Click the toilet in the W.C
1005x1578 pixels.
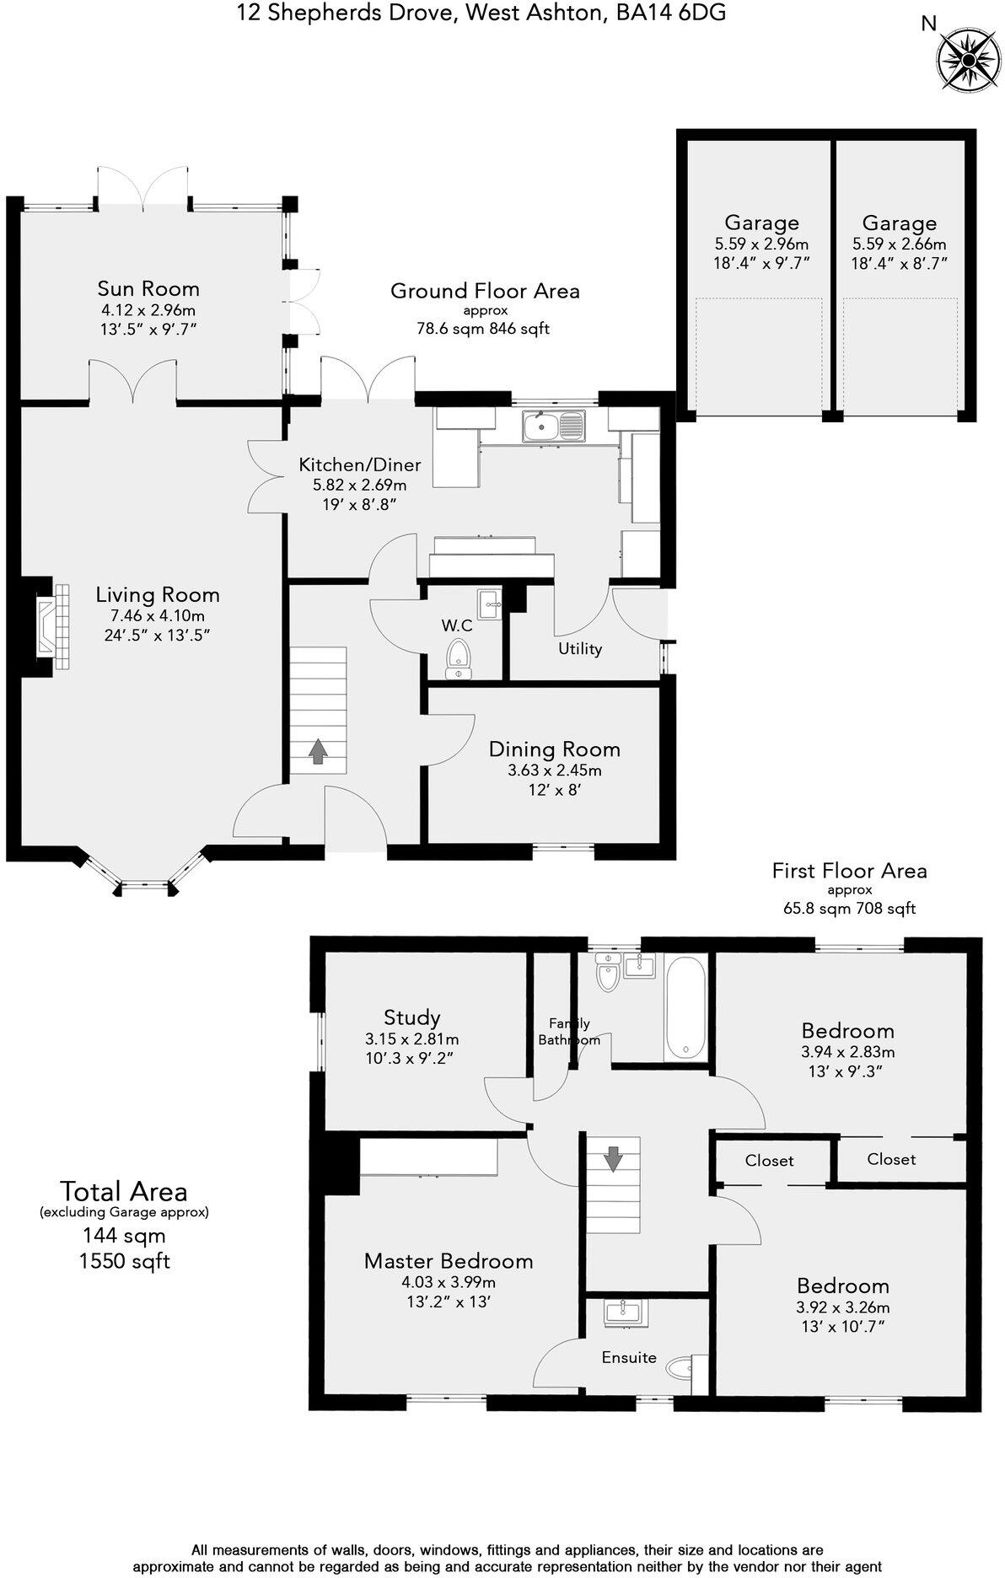tap(458, 657)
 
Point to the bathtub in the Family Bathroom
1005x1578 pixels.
tap(686, 1008)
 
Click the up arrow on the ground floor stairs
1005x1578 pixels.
tap(318, 751)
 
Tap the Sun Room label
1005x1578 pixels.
tap(148, 289)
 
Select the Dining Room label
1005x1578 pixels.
tap(554, 749)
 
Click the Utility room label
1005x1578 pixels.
tap(580, 649)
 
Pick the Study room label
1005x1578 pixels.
tap(412, 1017)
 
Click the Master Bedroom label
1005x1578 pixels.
tap(449, 1261)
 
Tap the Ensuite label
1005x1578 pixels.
tap(629, 1357)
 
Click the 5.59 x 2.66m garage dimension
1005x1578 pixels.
tap(900, 244)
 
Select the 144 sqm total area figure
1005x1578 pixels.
tap(124, 1236)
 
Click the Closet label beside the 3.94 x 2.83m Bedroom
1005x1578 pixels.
tap(891, 1159)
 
